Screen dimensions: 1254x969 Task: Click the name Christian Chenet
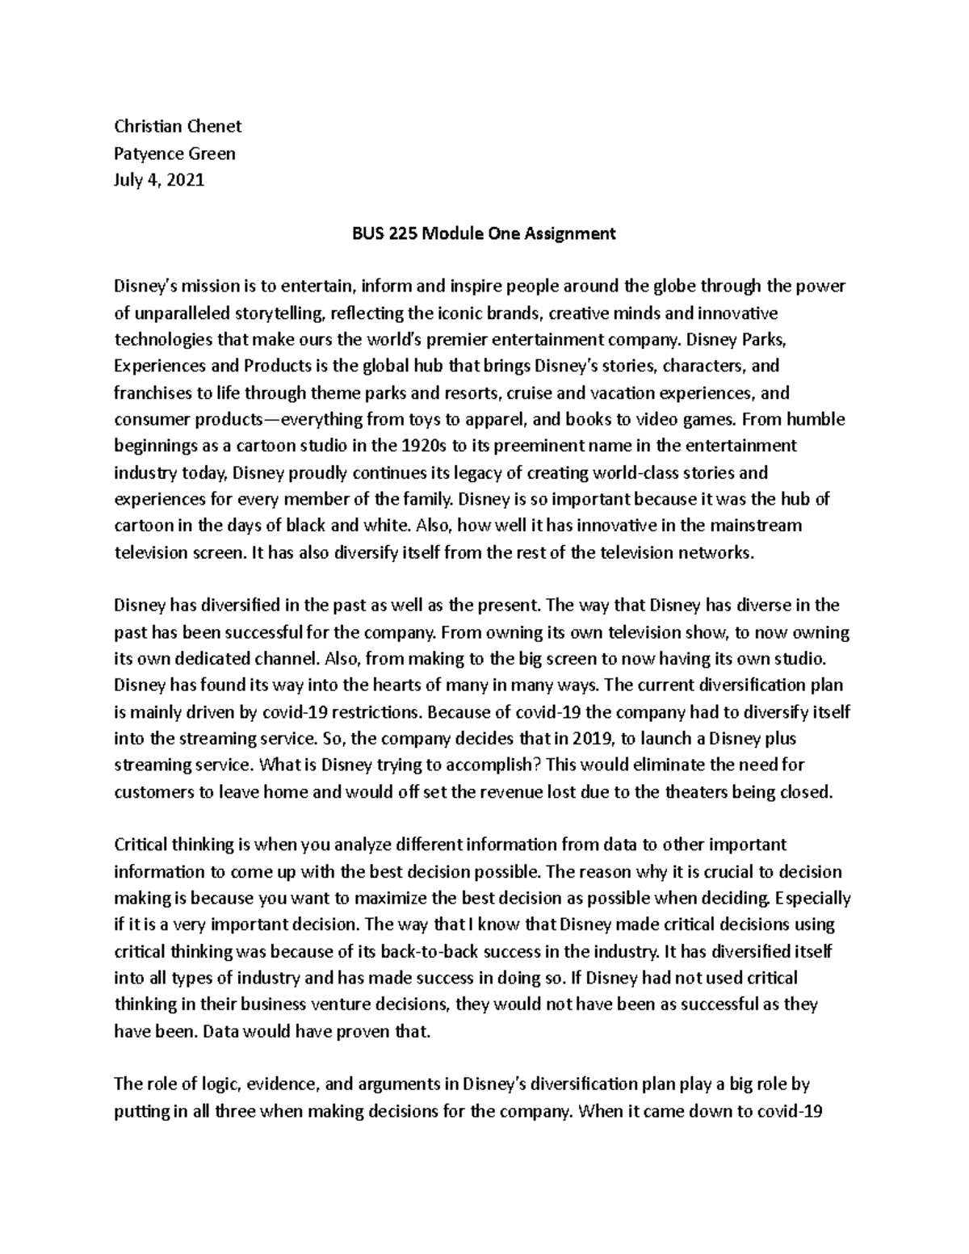[178, 126]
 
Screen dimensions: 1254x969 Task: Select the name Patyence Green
[174, 153]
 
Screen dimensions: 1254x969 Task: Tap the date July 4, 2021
[159, 179]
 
